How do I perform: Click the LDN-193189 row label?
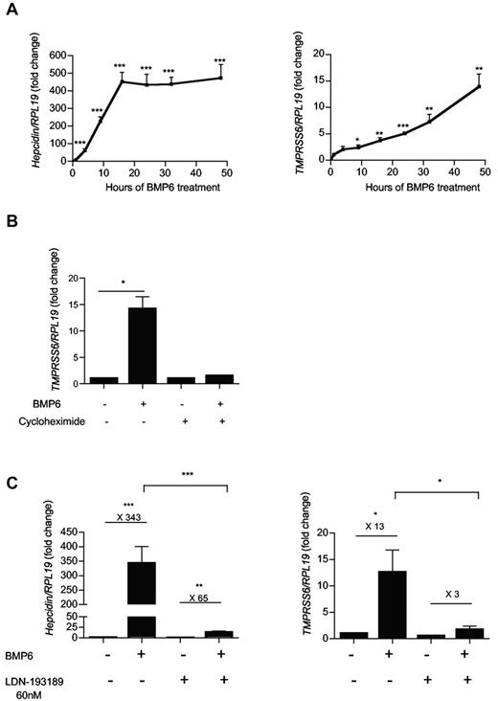[38, 672]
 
